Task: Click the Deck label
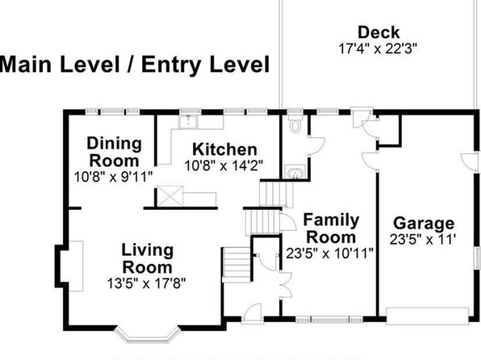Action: pos(379,32)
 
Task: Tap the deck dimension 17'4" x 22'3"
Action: pos(378,48)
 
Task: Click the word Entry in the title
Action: pos(171,65)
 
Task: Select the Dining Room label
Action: pos(114,153)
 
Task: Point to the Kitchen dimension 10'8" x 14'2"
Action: pos(224,166)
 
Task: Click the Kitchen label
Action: pos(224,150)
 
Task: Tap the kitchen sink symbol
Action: pos(188,122)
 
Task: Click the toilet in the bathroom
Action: pos(295,123)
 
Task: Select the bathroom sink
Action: pos(295,172)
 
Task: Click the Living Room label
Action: pos(148,259)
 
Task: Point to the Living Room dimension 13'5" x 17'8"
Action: pos(146,283)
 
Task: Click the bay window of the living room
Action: pos(147,334)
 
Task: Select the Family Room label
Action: pos(331,228)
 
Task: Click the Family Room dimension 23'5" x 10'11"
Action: pos(330,253)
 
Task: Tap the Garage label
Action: pos(424,224)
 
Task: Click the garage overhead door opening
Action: pos(427,316)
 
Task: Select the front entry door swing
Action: pos(252,313)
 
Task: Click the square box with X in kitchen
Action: pos(170,196)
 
